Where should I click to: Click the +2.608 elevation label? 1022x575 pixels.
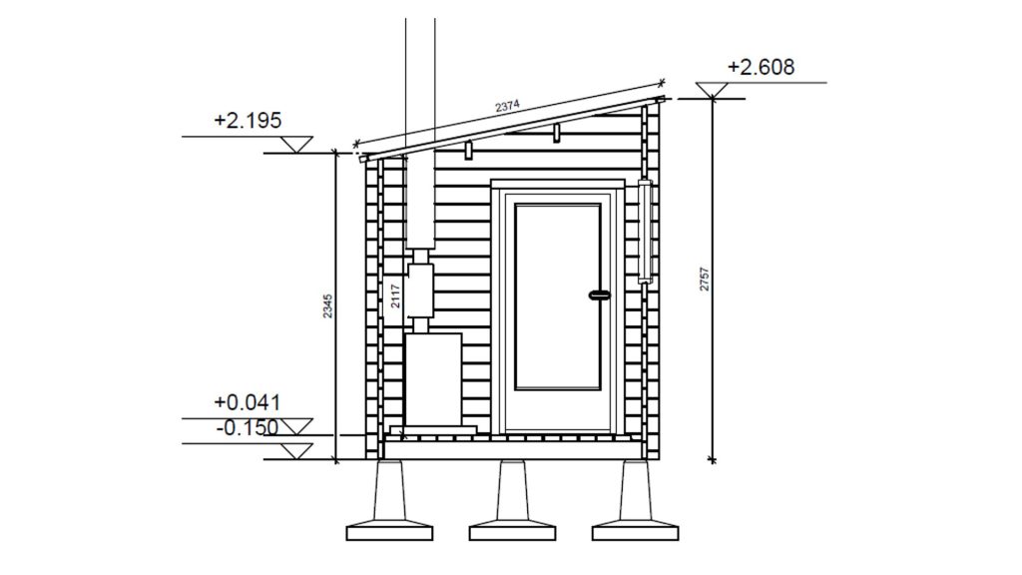(761, 67)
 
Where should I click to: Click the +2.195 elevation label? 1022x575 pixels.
(248, 121)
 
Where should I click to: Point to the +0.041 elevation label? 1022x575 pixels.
(248, 402)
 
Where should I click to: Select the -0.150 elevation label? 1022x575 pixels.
(248, 427)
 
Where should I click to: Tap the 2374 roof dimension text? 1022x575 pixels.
(507, 106)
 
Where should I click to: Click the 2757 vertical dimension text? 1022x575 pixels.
(705, 280)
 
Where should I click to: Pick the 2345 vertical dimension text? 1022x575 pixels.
(327, 306)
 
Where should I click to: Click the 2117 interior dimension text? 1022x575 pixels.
(395, 295)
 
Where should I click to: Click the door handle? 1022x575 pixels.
(600, 295)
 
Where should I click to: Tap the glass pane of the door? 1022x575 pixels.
(558, 297)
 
